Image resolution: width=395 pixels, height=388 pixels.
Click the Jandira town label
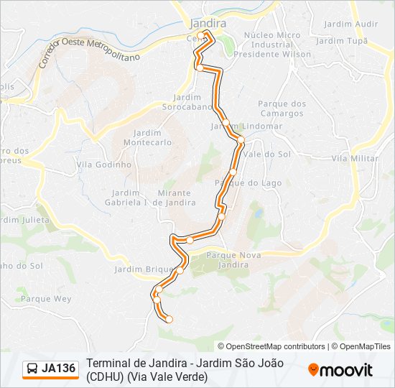tap(208, 23)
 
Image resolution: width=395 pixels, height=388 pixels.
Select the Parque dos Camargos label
tap(282, 108)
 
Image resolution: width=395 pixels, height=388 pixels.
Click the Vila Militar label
tap(355, 157)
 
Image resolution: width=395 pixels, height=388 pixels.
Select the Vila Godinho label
tap(103, 164)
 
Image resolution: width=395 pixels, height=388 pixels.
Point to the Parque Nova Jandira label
tap(227, 260)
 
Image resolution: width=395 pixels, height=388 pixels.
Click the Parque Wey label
tap(46, 298)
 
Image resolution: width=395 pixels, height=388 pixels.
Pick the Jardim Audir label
tap(350, 24)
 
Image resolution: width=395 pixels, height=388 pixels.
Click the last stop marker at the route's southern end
tap(169, 319)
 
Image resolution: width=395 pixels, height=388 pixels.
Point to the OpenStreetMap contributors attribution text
tap(271, 346)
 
